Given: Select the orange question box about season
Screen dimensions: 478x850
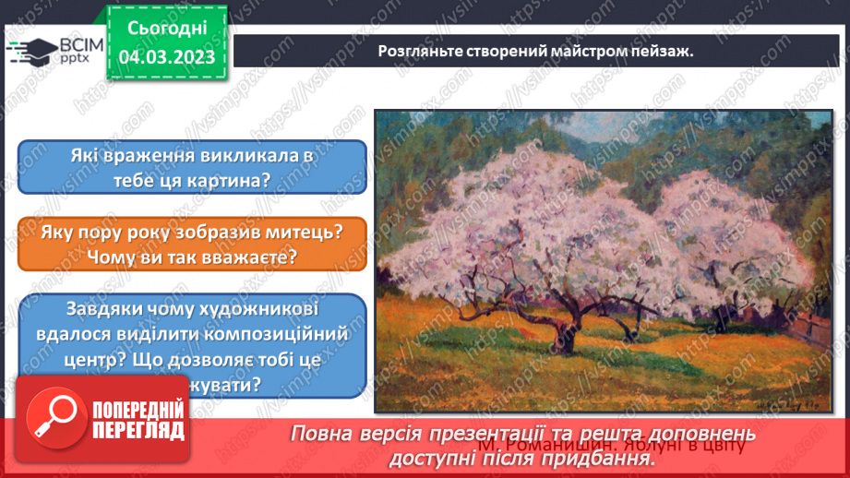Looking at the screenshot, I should tap(191, 245).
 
